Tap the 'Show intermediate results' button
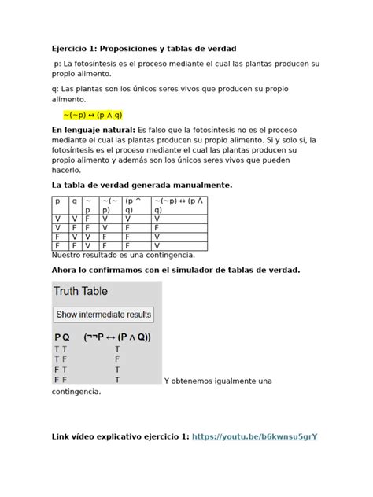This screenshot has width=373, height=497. [x=103, y=314]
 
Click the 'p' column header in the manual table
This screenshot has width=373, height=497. [x=57, y=201]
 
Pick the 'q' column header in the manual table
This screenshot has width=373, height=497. [x=75, y=201]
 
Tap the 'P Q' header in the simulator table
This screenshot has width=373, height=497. [x=61, y=337]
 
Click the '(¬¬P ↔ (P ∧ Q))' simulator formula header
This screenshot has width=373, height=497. [x=117, y=337]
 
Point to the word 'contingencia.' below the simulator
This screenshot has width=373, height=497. [x=76, y=391]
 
